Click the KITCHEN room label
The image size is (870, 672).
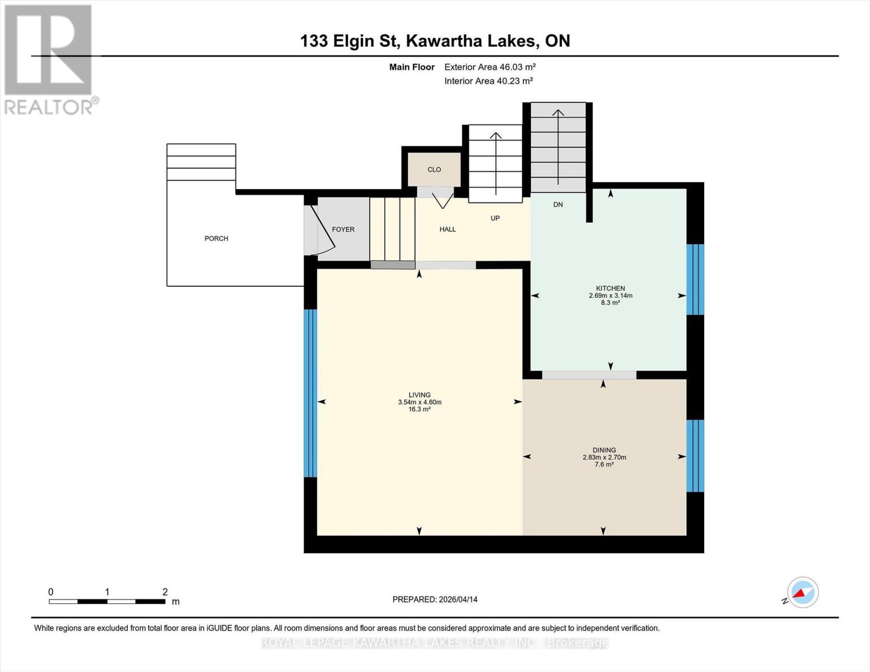coord(610,288)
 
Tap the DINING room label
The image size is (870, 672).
coord(604,450)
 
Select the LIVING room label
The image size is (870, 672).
coord(419,395)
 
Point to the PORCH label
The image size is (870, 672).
coord(216,239)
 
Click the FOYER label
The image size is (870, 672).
coord(343,229)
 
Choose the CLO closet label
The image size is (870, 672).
coord(434,170)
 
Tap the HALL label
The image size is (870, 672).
coord(448,229)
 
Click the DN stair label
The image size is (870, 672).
coord(558,204)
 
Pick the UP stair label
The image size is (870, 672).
coord(495,218)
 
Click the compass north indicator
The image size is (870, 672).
coord(802,592)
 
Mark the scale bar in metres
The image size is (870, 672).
coord(107,601)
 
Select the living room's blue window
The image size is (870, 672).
coord(310,393)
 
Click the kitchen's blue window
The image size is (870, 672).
coord(695,279)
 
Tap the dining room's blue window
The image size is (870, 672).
coord(695,456)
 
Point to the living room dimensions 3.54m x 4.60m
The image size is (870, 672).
coord(420,402)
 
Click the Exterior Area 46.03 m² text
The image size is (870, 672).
coord(490,67)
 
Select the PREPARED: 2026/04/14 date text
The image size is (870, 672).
coord(435,599)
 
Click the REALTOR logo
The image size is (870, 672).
coord(49,59)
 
